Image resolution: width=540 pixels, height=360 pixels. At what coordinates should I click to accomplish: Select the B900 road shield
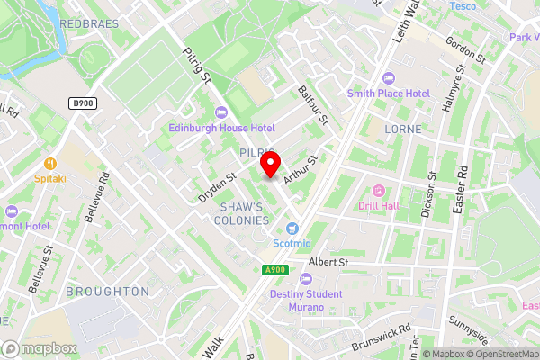pyautogui.click(x=81, y=104)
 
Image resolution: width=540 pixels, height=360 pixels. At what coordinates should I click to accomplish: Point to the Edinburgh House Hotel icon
pyautogui.click(x=220, y=112)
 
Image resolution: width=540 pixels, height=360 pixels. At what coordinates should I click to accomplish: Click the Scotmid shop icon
pyautogui.click(x=292, y=229)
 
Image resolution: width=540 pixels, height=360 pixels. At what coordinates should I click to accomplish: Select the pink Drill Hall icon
pyautogui.click(x=378, y=191)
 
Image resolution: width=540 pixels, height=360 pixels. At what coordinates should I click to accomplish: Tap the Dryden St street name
pyautogui.click(x=217, y=187)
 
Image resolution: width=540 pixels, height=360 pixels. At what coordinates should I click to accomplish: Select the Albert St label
pyautogui.click(x=328, y=262)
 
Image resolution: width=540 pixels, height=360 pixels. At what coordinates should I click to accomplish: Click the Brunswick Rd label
pyautogui.click(x=381, y=336)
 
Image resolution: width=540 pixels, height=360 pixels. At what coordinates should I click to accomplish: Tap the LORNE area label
pyautogui.click(x=401, y=130)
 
